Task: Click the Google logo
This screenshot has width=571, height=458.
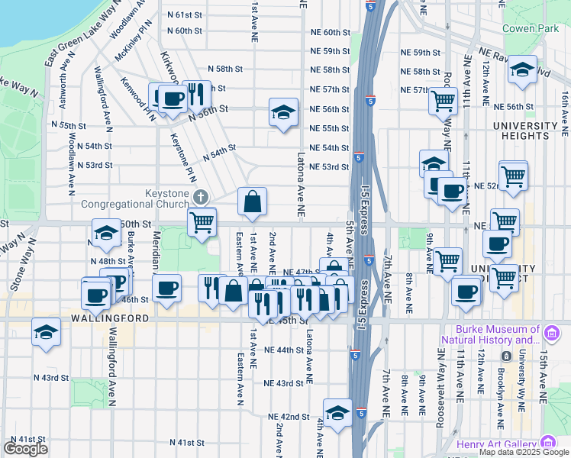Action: tap(25, 449)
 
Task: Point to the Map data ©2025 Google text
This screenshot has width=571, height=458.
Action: tap(523, 452)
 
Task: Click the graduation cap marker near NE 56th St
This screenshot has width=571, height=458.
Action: tap(283, 113)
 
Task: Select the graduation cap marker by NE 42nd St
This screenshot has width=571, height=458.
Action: tap(337, 412)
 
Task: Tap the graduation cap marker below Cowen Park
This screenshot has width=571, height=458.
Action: tap(522, 70)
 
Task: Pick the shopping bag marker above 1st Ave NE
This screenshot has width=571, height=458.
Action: tap(252, 202)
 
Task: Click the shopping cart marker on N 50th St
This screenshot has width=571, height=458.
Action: tap(202, 222)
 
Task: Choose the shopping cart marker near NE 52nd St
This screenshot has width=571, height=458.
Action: tap(513, 176)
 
